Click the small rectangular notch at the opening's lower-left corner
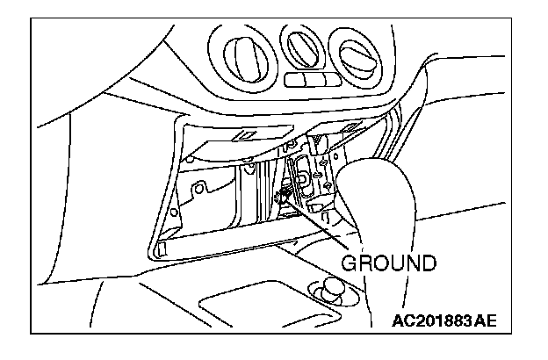pos(162,249)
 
